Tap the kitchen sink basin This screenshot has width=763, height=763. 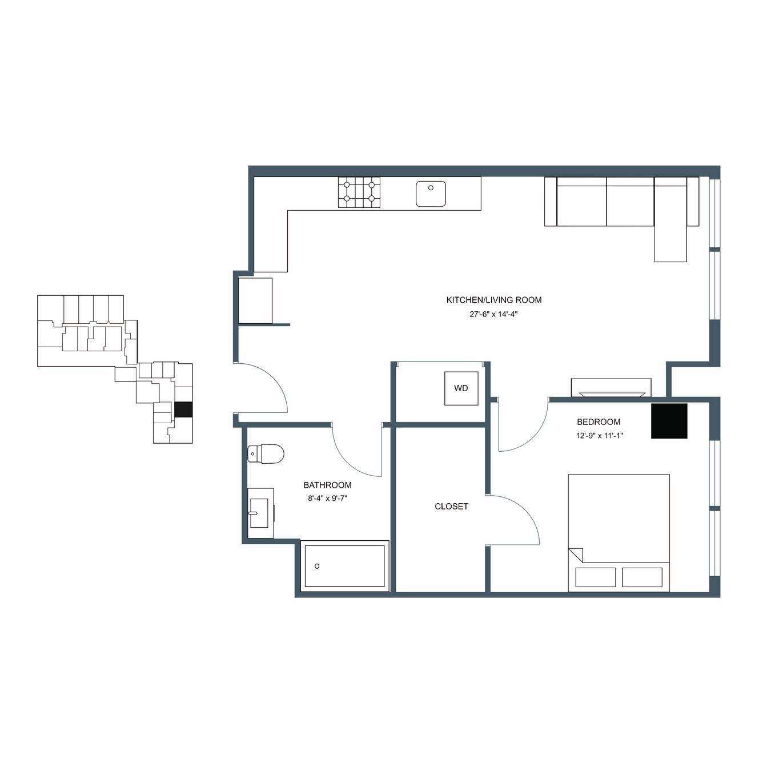[431, 194]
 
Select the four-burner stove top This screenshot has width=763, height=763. [359, 192]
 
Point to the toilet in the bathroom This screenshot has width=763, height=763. [266, 454]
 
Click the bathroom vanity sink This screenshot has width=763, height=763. [259, 513]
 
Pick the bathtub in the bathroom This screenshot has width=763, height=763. [344, 566]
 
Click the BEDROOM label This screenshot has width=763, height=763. [599, 421]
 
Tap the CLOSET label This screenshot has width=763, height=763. [451, 506]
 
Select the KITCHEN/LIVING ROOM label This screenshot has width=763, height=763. [494, 300]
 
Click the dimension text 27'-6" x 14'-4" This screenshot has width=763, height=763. [494, 314]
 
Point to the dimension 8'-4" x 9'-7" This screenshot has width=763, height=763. [327, 499]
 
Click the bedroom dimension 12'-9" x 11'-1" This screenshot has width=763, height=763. [600, 436]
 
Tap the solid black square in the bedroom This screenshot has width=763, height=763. [669, 421]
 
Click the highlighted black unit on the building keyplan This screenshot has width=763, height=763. [183, 409]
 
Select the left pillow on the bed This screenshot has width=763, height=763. [595, 577]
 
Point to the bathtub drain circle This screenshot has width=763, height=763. [317, 566]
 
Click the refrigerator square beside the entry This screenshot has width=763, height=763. [255, 300]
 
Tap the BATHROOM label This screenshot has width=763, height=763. [327, 485]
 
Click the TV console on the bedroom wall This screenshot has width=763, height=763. [611, 387]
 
